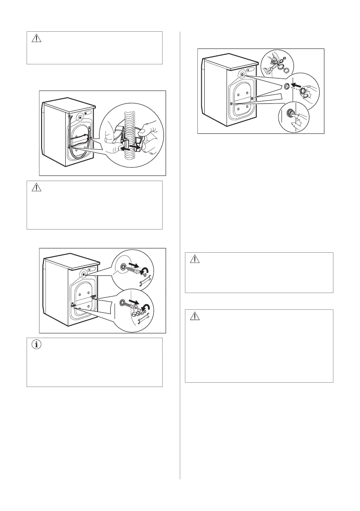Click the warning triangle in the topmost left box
pos(36,39)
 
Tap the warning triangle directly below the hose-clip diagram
pos(36,188)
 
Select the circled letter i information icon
pos(36,345)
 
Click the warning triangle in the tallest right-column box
pos(195,317)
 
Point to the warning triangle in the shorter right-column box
pos(195,260)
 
